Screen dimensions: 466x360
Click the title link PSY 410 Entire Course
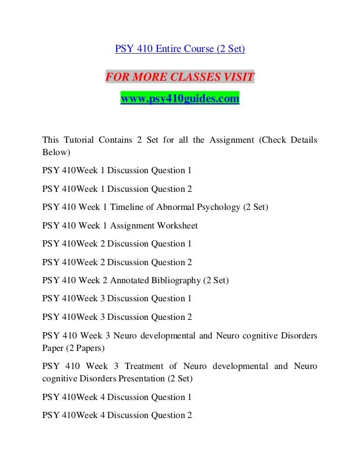point(180,49)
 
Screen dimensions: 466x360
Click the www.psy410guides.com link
point(180,99)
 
